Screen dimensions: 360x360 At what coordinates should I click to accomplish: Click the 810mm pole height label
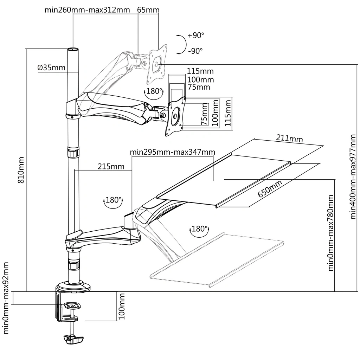21,170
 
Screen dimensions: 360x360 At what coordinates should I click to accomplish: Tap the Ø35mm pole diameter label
51,67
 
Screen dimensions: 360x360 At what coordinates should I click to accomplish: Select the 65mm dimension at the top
148,9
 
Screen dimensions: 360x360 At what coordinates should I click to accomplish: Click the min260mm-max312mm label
87,9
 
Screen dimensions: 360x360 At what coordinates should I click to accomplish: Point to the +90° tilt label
196,36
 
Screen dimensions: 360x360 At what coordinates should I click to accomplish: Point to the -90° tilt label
195,51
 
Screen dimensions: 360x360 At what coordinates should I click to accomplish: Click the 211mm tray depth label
289,138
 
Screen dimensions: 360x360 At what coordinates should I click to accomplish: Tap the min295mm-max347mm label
172,152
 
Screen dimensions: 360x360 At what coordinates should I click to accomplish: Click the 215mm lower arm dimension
111,166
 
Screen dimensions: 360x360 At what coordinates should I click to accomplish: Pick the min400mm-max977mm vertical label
354,176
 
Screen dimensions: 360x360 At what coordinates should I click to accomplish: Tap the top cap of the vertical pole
73,50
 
